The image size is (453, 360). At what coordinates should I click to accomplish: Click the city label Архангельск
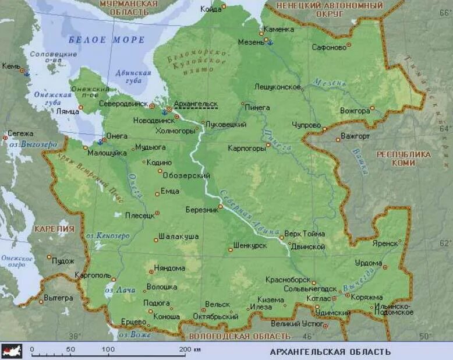click(196, 103)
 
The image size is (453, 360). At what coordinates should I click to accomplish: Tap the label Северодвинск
click(123, 104)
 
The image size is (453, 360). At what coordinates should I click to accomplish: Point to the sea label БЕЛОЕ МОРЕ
click(106, 40)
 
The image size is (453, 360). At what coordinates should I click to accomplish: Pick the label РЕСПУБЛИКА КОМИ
click(404, 158)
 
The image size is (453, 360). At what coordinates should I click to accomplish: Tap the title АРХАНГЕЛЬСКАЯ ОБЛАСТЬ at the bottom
click(330, 351)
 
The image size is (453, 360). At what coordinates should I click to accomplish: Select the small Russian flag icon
click(12, 351)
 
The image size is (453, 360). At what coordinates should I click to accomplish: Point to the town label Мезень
click(251, 41)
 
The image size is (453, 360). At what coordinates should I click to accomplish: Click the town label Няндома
click(169, 269)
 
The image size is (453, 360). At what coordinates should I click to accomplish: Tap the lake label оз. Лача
click(120, 290)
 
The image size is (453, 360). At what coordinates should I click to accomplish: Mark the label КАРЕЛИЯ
click(54, 229)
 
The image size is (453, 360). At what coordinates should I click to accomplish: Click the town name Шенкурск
click(250, 246)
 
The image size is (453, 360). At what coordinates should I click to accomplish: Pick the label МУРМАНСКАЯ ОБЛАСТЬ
click(128, 7)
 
